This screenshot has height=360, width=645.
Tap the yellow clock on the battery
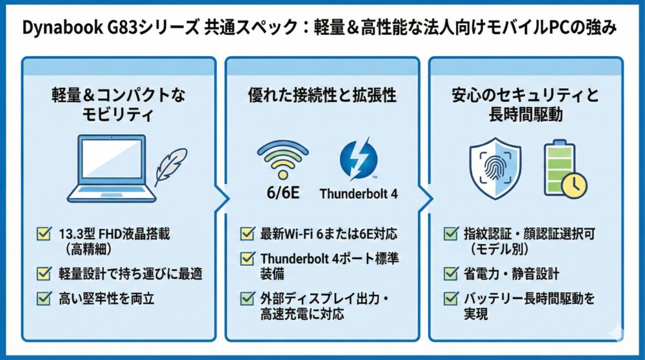tap(573, 186)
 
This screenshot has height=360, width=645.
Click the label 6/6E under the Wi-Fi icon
tap(283, 192)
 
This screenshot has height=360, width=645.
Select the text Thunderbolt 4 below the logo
tap(359, 194)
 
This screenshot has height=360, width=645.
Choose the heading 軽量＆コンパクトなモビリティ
tap(118, 105)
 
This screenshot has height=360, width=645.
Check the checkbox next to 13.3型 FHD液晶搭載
tap(44, 234)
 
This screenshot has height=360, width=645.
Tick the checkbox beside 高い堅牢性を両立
tap(44, 298)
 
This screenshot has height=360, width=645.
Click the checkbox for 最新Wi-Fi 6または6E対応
tap(247, 234)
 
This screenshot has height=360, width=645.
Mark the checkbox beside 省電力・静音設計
tap(451, 274)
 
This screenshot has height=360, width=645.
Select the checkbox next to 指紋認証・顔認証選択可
tap(451, 234)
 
